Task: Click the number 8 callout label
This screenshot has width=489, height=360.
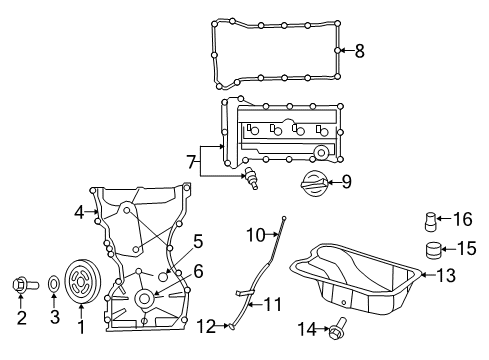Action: (360, 49)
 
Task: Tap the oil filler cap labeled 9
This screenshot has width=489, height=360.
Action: (311, 184)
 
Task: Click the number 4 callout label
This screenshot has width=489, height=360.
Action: (78, 211)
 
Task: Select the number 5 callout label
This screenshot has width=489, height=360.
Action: (198, 241)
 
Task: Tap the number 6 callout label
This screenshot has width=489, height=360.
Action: (198, 269)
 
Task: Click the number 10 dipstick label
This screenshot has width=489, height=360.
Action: (255, 234)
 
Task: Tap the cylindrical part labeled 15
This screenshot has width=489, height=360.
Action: (433, 249)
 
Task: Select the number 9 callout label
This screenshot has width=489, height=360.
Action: (346, 182)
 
